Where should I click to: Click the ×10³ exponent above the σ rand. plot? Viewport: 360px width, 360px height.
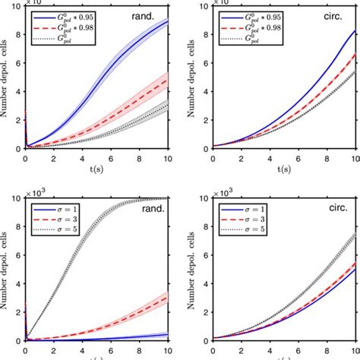38,193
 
